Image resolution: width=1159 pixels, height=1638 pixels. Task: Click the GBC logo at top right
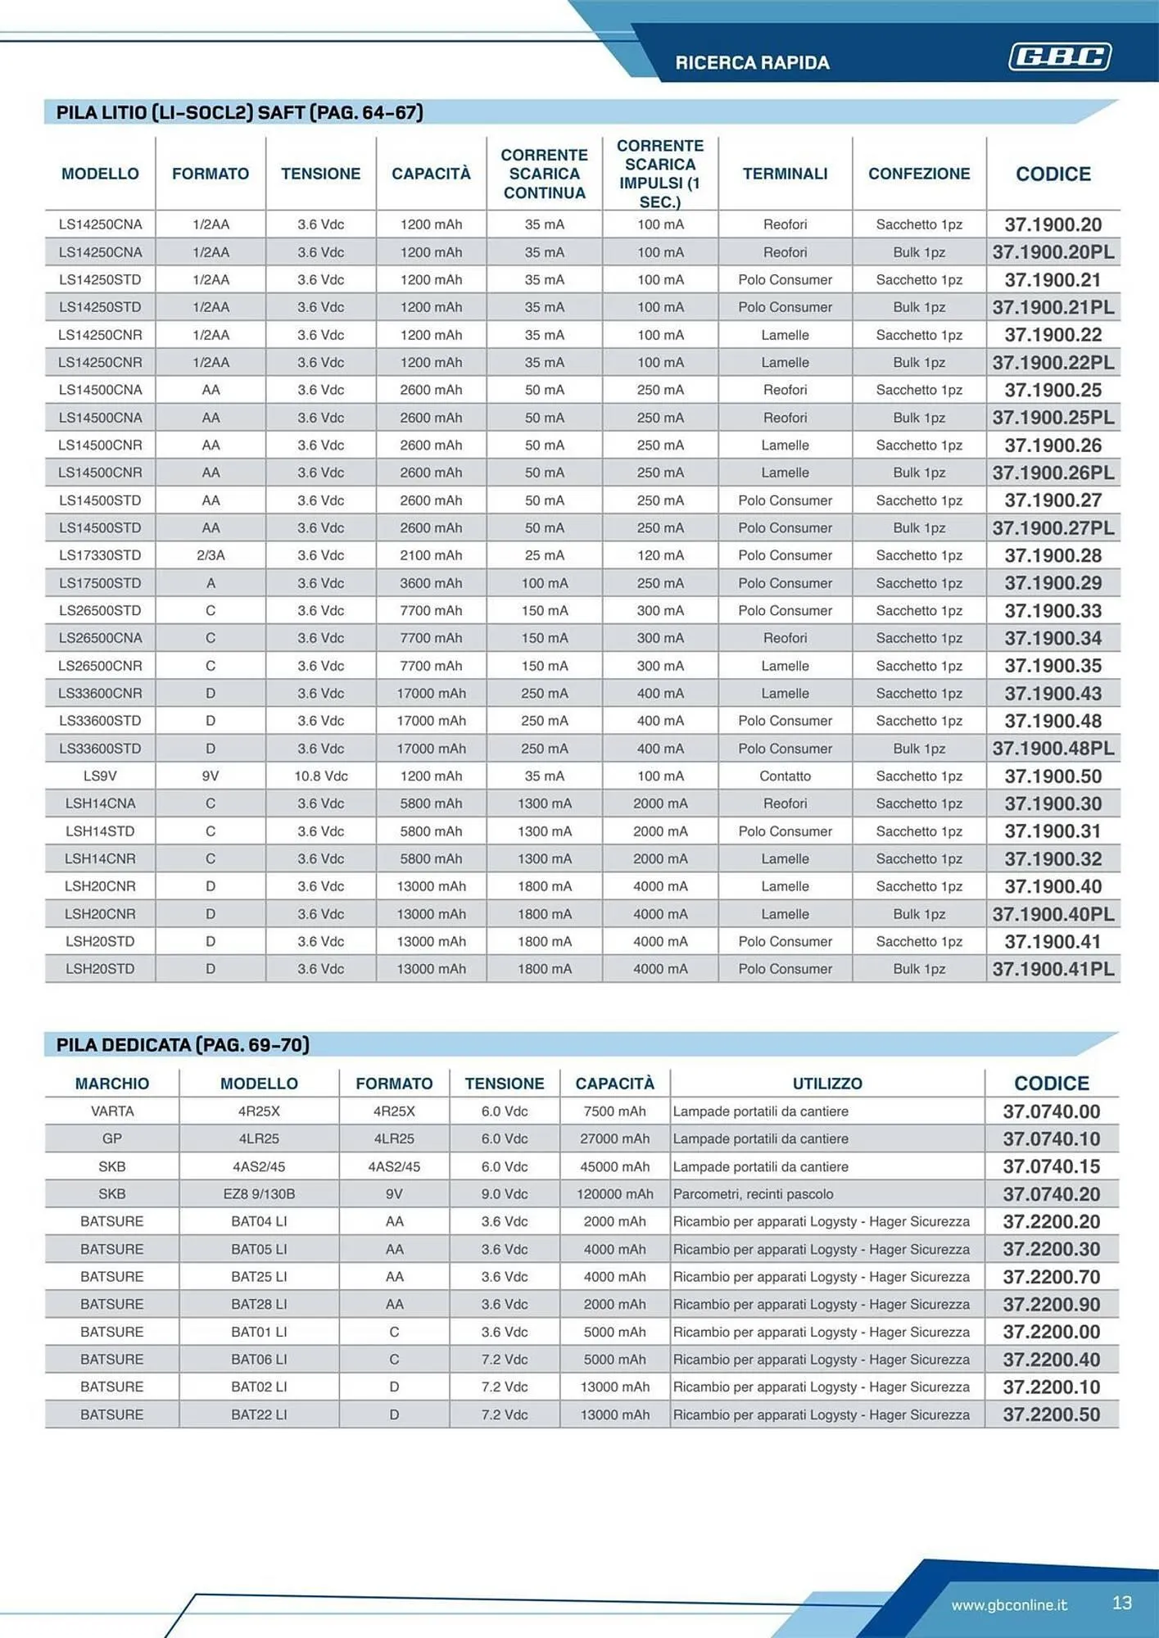1059,57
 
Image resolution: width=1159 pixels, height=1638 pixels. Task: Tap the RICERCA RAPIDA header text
752,63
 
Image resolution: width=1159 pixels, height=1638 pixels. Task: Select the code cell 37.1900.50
1053,776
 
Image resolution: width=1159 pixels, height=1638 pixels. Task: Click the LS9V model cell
100,776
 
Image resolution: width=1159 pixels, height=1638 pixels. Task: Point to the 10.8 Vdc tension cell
320,776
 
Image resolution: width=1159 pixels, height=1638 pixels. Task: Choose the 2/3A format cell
211,555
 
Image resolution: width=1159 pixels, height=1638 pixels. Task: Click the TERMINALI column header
785,174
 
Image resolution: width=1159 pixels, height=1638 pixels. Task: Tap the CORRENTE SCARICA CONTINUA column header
544,174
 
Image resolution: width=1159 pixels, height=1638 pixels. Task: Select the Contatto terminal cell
785,776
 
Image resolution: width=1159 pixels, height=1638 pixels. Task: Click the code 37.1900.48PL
1053,749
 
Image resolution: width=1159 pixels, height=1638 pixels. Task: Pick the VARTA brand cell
112,1111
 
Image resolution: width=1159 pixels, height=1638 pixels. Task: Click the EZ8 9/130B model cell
259,1194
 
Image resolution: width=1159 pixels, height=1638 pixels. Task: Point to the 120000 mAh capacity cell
614,1194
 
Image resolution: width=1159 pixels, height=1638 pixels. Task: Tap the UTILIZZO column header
826,1084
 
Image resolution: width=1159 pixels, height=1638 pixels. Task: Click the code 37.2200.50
1051,1414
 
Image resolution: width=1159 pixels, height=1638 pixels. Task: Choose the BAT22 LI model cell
259,1414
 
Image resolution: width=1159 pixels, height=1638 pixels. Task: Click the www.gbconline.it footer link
1008,1604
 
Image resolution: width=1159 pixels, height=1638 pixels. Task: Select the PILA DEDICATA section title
183,1045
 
